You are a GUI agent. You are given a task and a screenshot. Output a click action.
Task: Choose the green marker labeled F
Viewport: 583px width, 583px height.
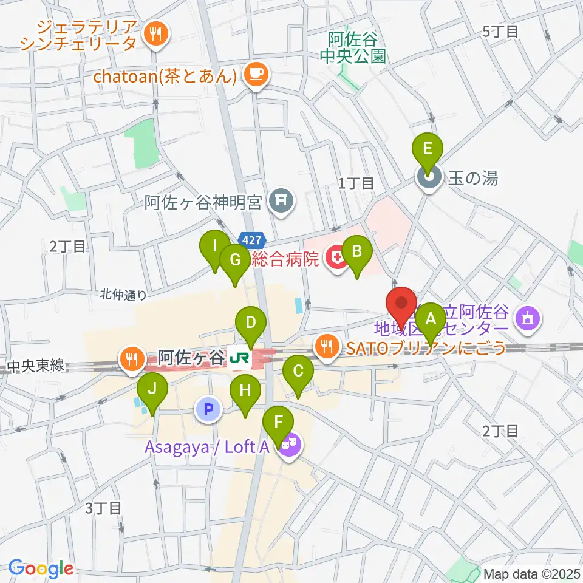pyautogui.click(x=279, y=423)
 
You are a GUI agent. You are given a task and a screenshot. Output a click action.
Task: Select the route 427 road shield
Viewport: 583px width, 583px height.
pyautogui.click(x=251, y=240)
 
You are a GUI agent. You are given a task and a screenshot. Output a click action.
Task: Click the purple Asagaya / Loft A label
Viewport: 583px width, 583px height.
pyautogui.click(x=206, y=448)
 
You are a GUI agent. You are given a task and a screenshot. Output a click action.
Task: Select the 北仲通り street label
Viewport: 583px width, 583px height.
pyautogui.click(x=124, y=295)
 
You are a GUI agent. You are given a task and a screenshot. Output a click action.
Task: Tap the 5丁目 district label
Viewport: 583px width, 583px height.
pyautogui.click(x=500, y=32)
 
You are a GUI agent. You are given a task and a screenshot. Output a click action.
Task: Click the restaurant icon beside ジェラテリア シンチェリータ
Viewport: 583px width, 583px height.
pyautogui.click(x=155, y=34)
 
